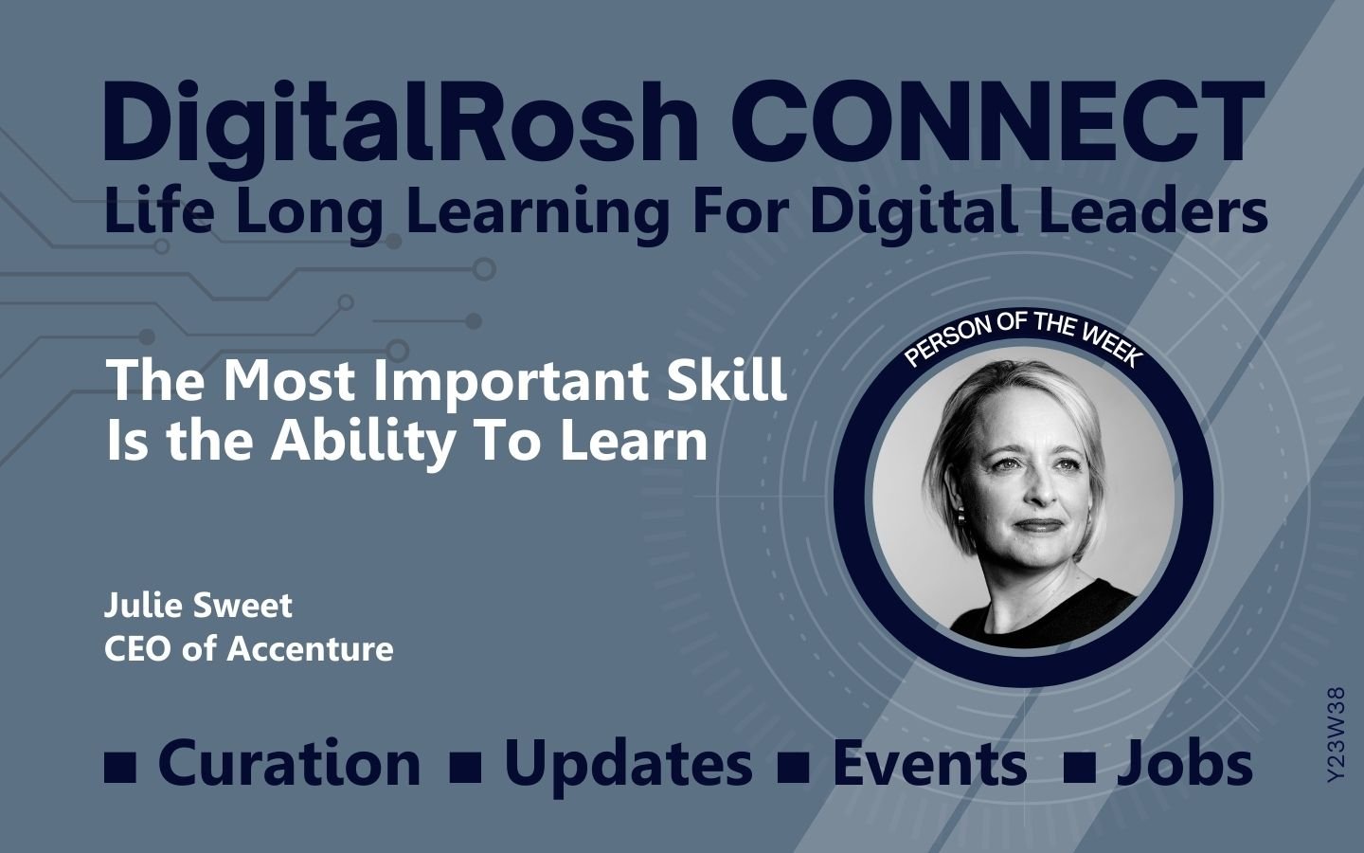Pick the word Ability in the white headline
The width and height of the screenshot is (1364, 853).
pyautogui.click(x=363, y=443)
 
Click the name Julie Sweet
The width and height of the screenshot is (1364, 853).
pyautogui.click(x=198, y=606)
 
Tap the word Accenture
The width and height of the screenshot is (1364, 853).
pyautogui.click(x=310, y=649)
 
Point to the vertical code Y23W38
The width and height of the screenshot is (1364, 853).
pyautogui.click(x=1336, y=735)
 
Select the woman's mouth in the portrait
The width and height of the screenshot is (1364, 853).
pyautogui.click(x=1039, y=525)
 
